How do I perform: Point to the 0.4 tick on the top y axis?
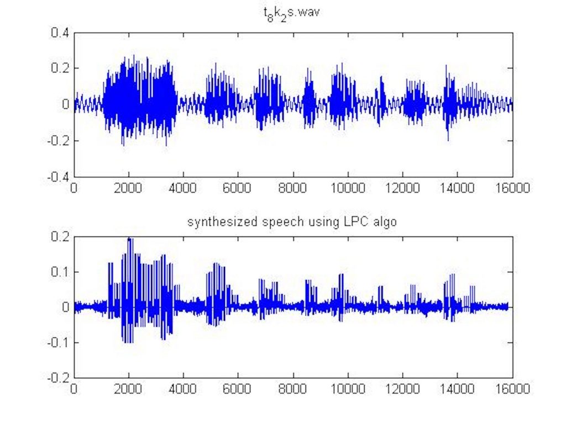coord(60,33)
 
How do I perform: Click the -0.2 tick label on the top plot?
coord(57,141)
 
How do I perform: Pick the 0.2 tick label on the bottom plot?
coord(60,236)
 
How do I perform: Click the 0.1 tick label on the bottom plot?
coord(60,272)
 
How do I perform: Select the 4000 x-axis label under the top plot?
coord(184,188)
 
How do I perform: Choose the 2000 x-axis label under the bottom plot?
coord(129,389)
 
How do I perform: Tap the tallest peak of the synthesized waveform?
coord(129,239)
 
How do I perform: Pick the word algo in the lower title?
coord(387,223)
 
